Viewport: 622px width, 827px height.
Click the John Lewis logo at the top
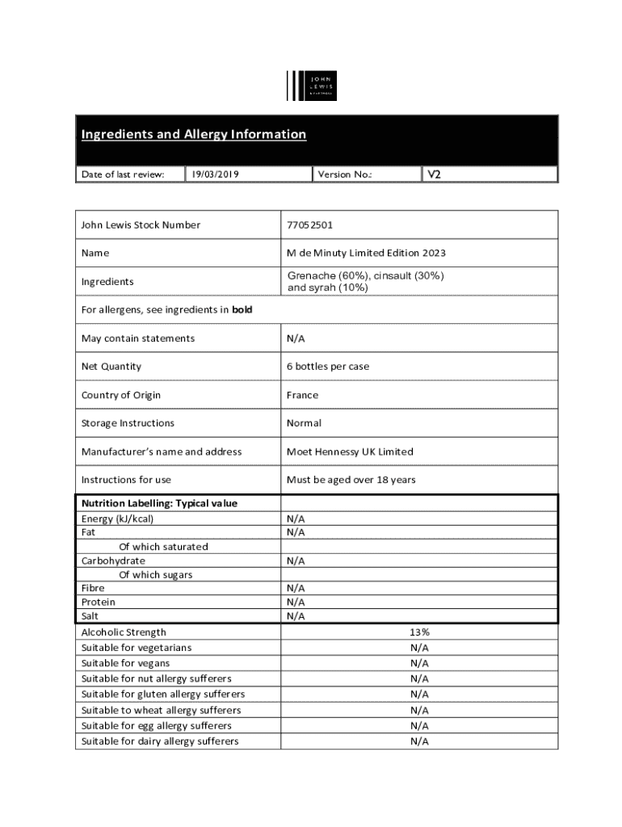pos(311,86)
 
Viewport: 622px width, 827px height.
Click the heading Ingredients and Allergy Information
pos(193,134)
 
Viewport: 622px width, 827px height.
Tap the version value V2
pos(434,174)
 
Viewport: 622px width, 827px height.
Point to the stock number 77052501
pos(310,225)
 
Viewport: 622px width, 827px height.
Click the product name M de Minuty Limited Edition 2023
pos(366,254)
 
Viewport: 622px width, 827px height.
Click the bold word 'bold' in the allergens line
pos(242,310)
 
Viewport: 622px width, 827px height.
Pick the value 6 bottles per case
pos(327,367)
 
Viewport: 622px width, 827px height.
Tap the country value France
pos(302,395)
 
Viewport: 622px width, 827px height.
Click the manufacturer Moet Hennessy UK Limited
pos(350,451)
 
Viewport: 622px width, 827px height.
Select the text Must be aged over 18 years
pos(351,480)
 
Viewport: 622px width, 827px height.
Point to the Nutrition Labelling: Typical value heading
pos(159,503)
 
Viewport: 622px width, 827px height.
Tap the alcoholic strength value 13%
pos(418,632)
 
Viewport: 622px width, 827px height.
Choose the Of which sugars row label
pos(155,574)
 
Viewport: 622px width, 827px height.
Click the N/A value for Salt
pos(296,616)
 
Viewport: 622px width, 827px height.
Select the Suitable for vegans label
pos(125,663)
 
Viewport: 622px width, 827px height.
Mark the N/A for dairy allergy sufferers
pos(418,741)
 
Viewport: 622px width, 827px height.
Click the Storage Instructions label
pos(128,423)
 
